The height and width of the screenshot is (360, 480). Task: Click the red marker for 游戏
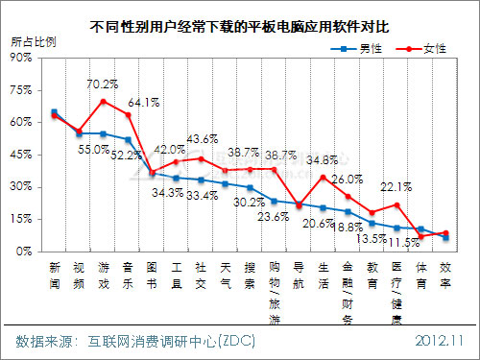tap(104, 101)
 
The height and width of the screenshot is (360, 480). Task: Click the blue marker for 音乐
tap(129, 139)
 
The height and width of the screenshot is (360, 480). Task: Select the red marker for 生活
tap(324, 177)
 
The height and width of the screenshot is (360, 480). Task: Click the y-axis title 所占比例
tap(33, 43)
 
